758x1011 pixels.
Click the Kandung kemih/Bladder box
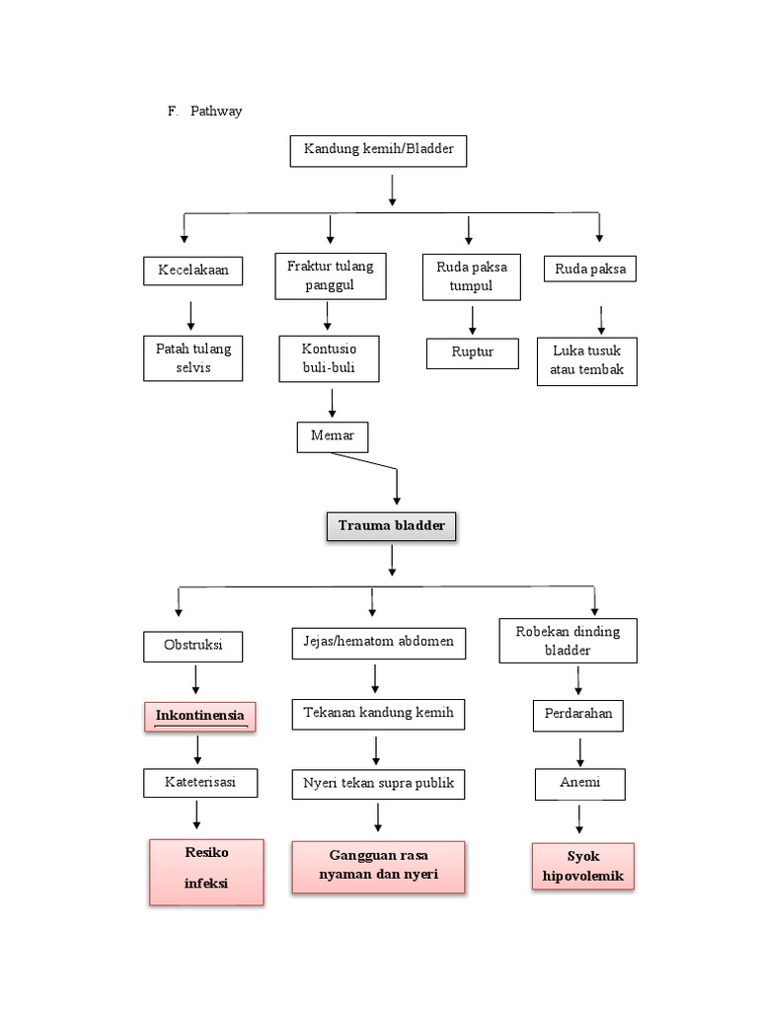click(x=377, y=152)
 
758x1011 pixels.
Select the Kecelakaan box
click(x=192, y=271)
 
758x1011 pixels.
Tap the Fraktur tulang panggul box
click(x=331, y=275)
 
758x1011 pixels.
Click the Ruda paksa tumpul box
click(x=471, y=276)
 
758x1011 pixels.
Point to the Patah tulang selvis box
click(x=192, y=358)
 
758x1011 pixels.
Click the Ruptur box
click(x=473, y=353)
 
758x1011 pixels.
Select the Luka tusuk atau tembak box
click(x=587, y=361)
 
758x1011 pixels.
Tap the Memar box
click(x=332, y=436)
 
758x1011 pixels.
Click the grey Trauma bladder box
click(x=392, y=527)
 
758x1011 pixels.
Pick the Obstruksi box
click(x=193, y=647)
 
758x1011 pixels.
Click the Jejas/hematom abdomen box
click(x=379, y=642)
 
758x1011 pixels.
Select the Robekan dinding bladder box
click(x=568, y=641)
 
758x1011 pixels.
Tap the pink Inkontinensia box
click(x=199, y=716)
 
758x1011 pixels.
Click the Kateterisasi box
click(x=201, y=783)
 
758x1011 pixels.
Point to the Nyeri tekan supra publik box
click(x=379, y=784)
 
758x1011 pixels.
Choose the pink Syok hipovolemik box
click(x=582, y=866)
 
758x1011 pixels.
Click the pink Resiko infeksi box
click(x=206, y=871)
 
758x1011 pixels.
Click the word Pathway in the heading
click(x=216, y=112)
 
